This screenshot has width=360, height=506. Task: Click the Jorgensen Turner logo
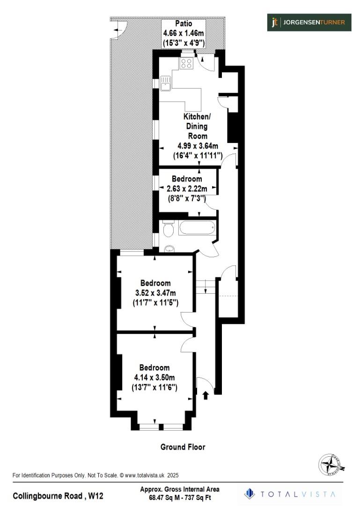coord(309,22)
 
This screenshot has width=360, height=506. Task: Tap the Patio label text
coord(184,23)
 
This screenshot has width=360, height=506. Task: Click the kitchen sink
coord(166,83)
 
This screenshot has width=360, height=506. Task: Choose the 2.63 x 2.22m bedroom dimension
coord(187,189)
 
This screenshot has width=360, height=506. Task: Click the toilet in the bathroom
coord(169,230)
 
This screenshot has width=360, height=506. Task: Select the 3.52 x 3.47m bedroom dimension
coord(155,293)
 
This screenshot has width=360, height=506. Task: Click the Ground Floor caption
coord(183,447)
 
